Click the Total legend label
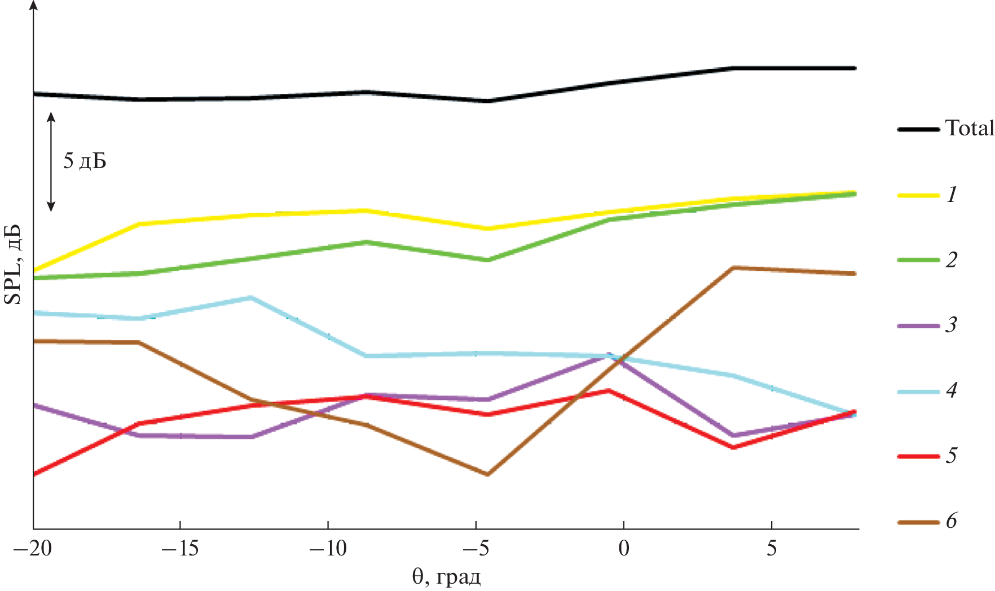click(x=970, y=128)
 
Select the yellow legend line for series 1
click(x=918, y=195)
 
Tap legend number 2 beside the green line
click(x=952, y=260)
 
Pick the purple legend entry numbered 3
click(x=918, y=325)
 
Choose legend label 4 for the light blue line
click(x=952, y=390)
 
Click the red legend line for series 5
click(x=918, y=456)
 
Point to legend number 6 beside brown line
click(x=952, y=521)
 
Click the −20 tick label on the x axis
click(x=33, y=548)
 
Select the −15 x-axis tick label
click(x=180, y=548)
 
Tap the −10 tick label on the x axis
click(x=328, y=548)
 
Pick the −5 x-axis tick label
click(x=476, y=548)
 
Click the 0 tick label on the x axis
click(x=624, y=548)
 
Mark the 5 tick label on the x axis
click(x=772, y=548)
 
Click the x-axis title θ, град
click(x=446, y=577)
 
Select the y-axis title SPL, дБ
click(x=14, y=264)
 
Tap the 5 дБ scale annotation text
click(x=85, y=161)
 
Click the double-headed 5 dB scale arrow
click(x=51, y=161)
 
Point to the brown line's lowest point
click(x=487, y=474)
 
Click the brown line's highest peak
click(x=733, y=267)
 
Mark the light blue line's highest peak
click(x=250, y=297)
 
